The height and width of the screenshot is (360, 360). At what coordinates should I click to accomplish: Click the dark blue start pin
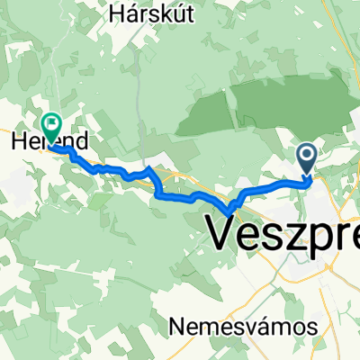pyautogui.click(x=306, y=161)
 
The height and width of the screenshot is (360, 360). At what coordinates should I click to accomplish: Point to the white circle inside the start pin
pyautogui.click(x=306, y=157)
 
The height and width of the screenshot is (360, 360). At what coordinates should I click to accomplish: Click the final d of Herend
pyautogui.click(x=84, y=141)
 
